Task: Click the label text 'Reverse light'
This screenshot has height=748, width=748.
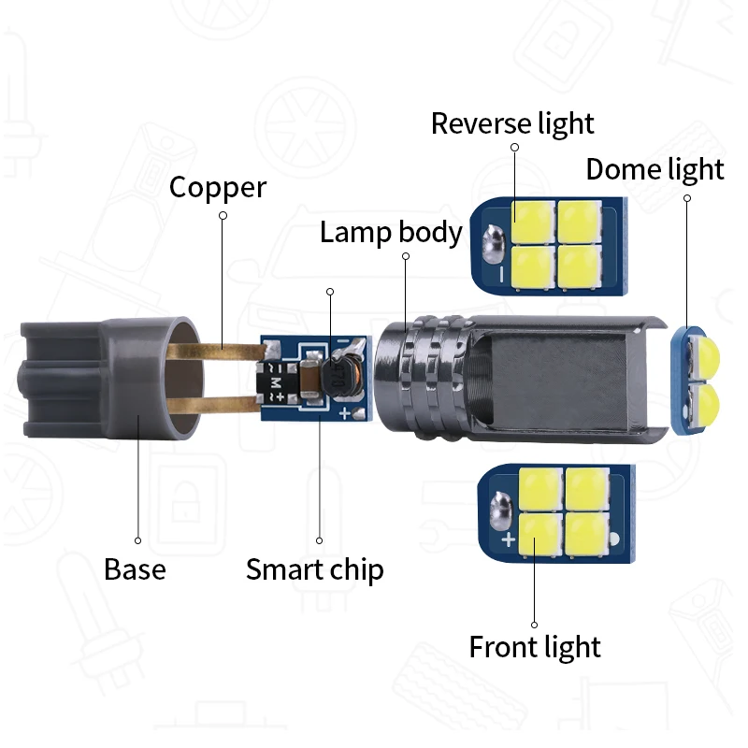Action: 512,123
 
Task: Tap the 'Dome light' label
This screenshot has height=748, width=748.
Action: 654,169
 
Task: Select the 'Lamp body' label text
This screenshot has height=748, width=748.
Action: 391,232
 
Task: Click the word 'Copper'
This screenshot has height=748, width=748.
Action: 218,187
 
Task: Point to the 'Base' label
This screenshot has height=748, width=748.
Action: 135,568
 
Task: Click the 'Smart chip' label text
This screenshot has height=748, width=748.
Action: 314,568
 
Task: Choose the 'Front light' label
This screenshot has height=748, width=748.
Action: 535,646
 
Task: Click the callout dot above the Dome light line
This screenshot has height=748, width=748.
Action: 687,198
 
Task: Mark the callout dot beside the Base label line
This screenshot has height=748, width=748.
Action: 137,539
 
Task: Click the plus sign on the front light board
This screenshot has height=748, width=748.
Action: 508,540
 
